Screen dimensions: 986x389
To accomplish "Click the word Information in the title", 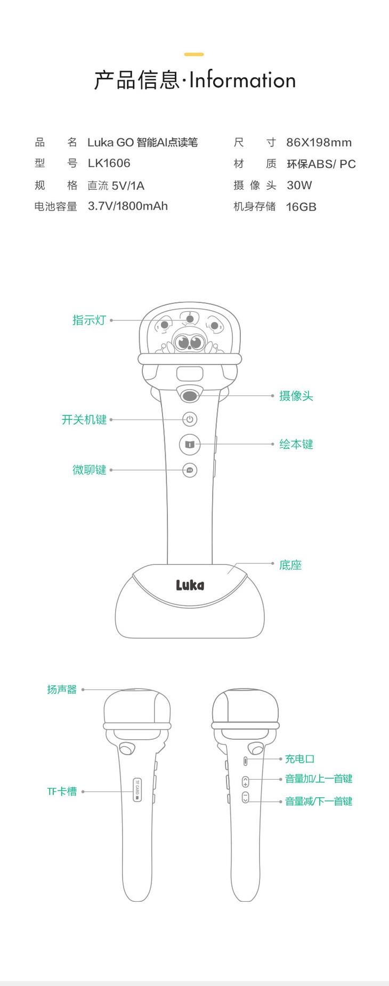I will point(242,80).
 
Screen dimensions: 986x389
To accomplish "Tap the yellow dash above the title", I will point(194,54).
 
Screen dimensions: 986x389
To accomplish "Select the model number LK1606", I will point(109,163).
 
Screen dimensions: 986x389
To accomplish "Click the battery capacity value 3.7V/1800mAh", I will point(128,206).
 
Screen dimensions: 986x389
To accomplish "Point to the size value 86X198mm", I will point(319,142).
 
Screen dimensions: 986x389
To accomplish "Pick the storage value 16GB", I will point(301,207).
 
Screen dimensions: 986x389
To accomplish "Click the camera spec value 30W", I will point(299,185).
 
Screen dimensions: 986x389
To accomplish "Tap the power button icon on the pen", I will point(190,419).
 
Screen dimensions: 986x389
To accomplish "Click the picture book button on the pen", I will point(189,444).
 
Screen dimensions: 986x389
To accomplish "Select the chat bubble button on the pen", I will point(190,470).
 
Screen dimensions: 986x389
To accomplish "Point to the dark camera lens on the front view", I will point(190,395).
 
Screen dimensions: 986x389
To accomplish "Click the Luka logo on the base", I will point(190,585).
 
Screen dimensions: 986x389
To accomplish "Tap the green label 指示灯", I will point(89,320).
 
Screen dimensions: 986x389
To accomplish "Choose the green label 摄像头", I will point(296,396).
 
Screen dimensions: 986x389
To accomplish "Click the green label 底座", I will point(290,565).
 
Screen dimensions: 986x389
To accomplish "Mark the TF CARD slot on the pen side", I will point(137,790).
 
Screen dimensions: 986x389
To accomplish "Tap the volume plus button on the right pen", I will point(245,782).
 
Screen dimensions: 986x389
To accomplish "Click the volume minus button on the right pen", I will point(245,798).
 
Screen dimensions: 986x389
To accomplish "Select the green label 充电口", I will point(299,759).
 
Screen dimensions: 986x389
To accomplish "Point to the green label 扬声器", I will point(62,690).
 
